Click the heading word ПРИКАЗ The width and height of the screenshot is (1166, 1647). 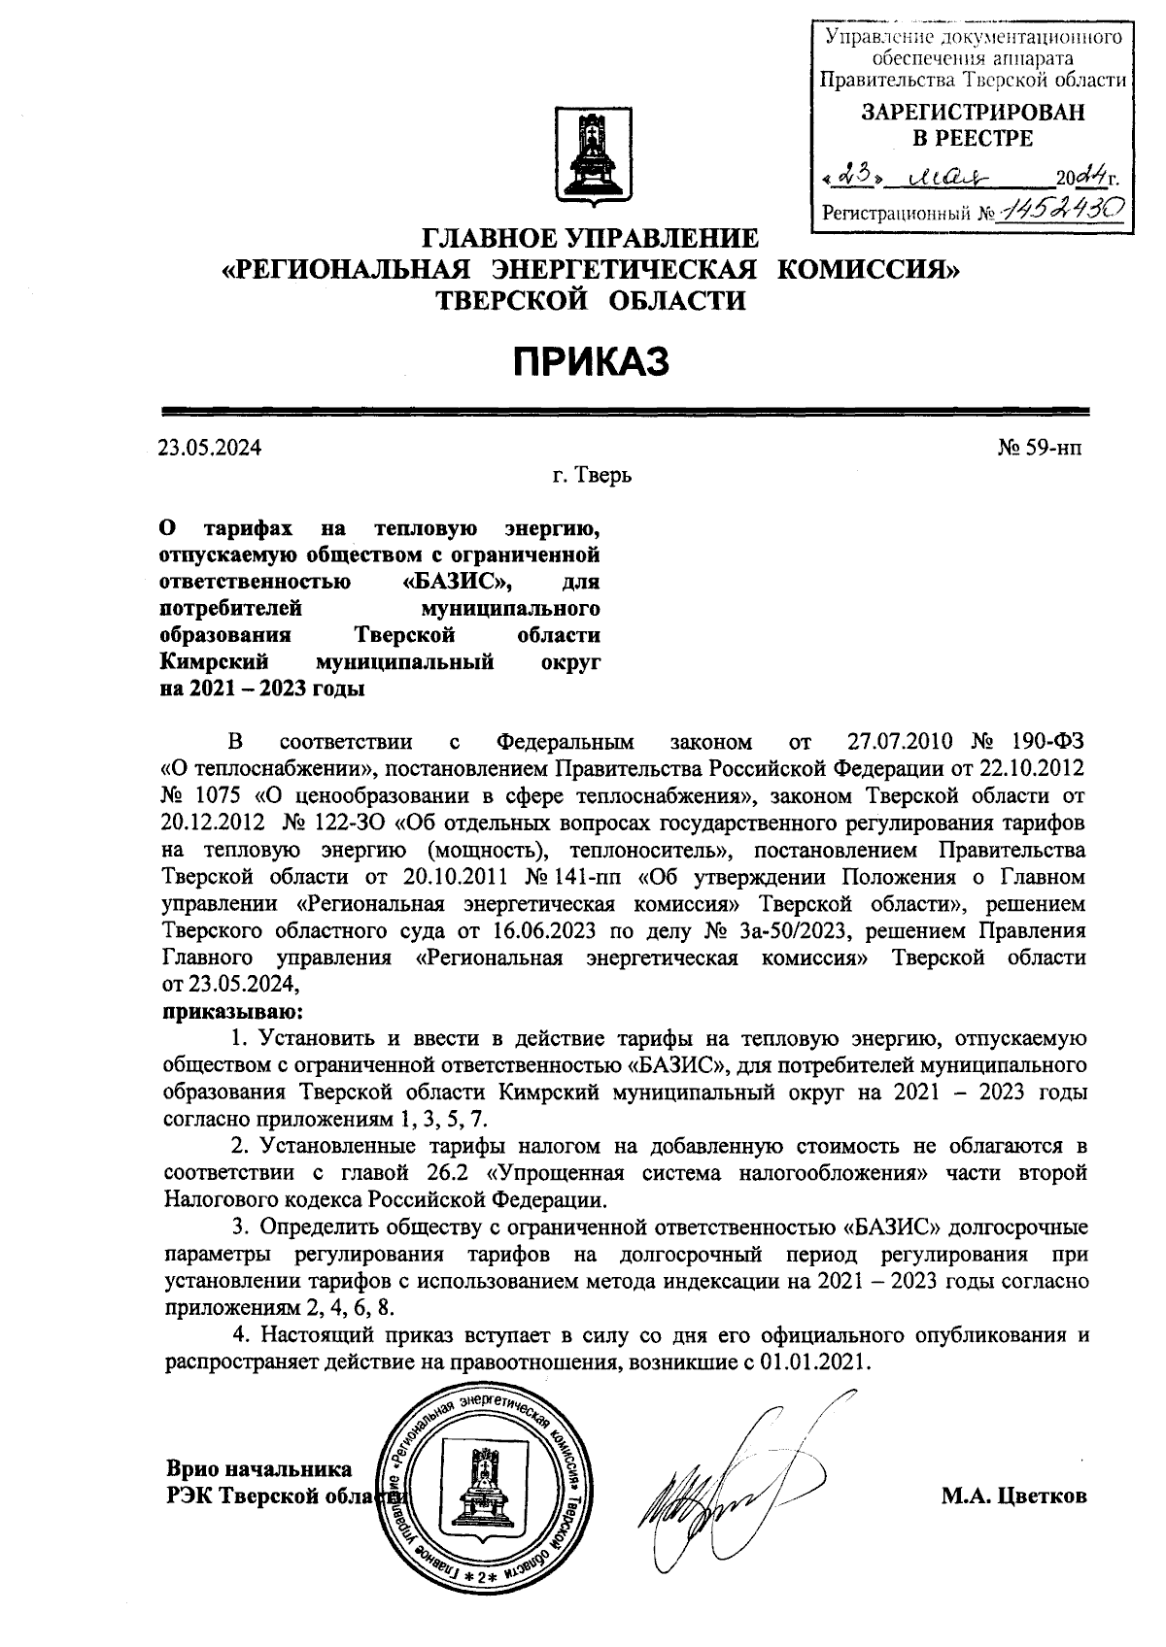point(592,362)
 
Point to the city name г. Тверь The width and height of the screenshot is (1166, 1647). point(592,477)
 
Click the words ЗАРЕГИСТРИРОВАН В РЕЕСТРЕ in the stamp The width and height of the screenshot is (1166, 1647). point(973,125)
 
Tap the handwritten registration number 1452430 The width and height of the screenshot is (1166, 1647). point(1065,208)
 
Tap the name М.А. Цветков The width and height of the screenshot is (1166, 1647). point(1013,1496)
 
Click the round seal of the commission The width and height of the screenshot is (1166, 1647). point(482,1495)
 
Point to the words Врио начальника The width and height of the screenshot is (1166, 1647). point(258,1468)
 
